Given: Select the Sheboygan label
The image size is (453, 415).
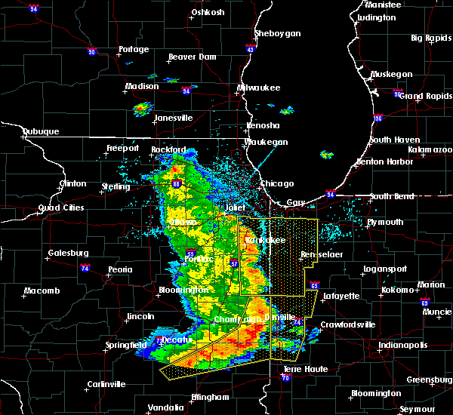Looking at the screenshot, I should tap(278, 33).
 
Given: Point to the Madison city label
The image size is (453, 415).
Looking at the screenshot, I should tap(142, 86).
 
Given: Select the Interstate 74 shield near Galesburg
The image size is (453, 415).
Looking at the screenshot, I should tap(86, 268).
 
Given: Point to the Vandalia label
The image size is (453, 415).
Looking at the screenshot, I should tap(165, 407).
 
